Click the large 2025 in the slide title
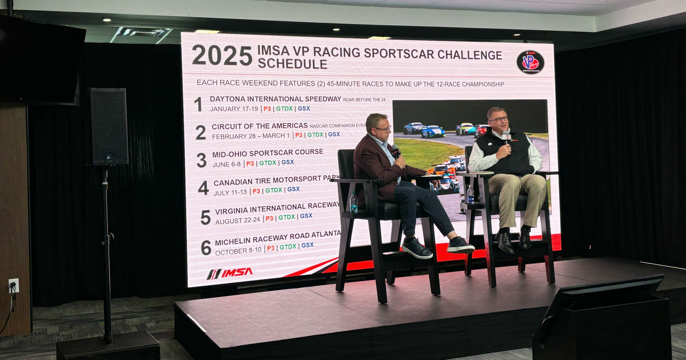click(222, 55)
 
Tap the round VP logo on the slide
click(530, 62)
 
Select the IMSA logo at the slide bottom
click(229, 273)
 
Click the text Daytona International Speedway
click(275, 99)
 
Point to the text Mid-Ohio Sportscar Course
click(267, 153)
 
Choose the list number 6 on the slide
click(206, 247)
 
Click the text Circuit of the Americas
click(260, 126)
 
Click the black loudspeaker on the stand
click(107, 127)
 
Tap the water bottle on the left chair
click(354, 202)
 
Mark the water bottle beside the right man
click(470, 194)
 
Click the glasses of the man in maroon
click(383, 129)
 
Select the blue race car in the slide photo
click(433, 131)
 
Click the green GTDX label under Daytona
click(284, 109)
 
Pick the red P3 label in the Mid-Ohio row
click(250, 163)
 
